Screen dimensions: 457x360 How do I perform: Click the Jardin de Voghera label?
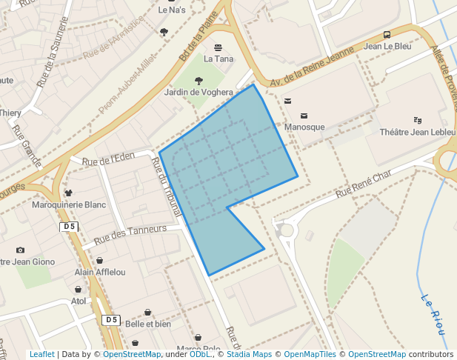(198, 92)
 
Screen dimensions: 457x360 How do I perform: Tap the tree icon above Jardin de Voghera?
(199, 80)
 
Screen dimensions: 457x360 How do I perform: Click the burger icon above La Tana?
(218, 47)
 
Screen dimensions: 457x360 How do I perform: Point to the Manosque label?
(304, 127)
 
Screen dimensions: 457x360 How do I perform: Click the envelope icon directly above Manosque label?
(304, 116)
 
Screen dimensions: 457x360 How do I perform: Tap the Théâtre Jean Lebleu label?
(417, 132)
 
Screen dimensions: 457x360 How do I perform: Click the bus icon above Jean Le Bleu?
(387, 35)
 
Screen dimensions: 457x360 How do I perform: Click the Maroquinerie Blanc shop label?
(70, 204)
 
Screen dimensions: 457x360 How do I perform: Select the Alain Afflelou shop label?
(99, 272)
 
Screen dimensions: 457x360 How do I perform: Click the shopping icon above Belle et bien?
(148, 312)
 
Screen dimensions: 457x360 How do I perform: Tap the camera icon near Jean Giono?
(20, 250)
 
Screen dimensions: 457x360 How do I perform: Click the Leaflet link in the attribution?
(42, 355)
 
